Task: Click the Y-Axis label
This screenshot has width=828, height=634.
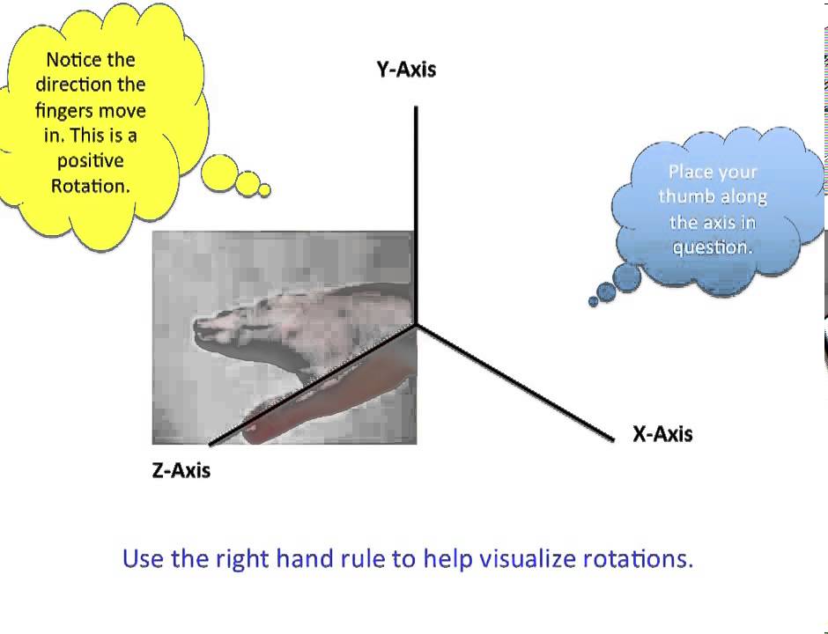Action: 406,70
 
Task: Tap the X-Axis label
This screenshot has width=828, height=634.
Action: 662,434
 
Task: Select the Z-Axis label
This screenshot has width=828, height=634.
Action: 181,470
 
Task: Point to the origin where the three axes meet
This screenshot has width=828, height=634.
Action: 416,324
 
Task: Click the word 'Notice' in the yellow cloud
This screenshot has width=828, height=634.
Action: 79,60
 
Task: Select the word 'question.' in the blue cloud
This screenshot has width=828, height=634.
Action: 713,247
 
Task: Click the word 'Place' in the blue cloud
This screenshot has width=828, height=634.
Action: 690,172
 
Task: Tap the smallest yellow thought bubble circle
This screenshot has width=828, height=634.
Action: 264,190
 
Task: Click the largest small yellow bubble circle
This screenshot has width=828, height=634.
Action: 219,173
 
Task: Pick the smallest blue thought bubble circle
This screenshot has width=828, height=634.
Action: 594,302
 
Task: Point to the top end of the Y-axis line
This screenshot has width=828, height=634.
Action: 416,107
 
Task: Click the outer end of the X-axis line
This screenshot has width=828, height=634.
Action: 611,438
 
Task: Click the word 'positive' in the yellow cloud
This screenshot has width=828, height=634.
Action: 90,161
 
